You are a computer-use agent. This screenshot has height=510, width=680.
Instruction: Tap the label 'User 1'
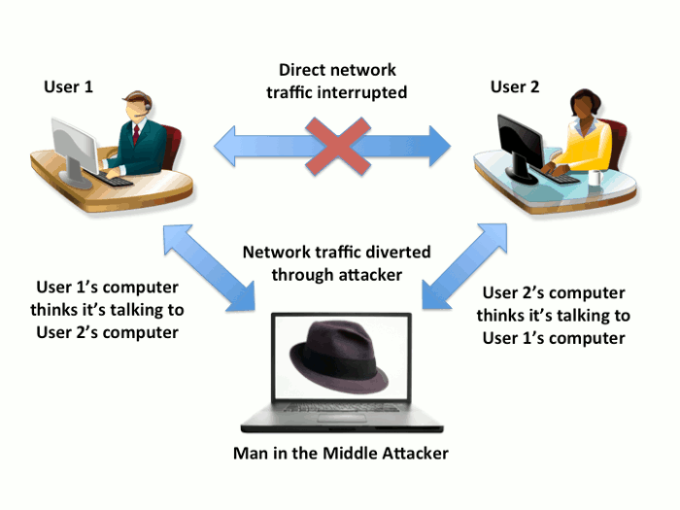click(x=68, y=86)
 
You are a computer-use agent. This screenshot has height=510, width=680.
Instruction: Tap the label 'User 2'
click(x=515, y=86)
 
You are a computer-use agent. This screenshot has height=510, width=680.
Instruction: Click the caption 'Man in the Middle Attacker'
click(x=340, y=453)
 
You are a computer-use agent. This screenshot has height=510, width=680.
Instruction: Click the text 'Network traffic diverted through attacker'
click(x=336, y=263)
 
